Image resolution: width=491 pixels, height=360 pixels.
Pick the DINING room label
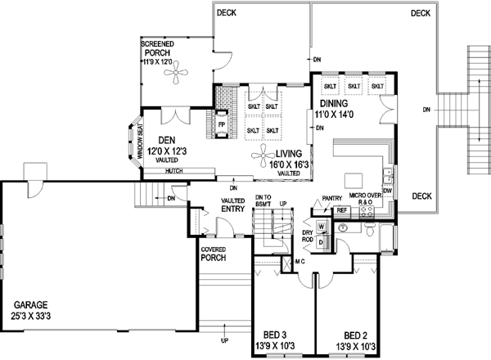[x=334, y=104]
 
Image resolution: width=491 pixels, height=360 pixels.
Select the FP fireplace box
[x=221, y=125]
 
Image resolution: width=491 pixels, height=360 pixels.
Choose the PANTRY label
[x=331, y=198]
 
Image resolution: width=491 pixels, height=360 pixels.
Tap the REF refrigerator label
[x=343, y=210]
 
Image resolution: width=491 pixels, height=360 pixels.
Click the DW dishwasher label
[x=388, y=191]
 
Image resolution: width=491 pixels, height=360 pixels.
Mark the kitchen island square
[x=354, y=180]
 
